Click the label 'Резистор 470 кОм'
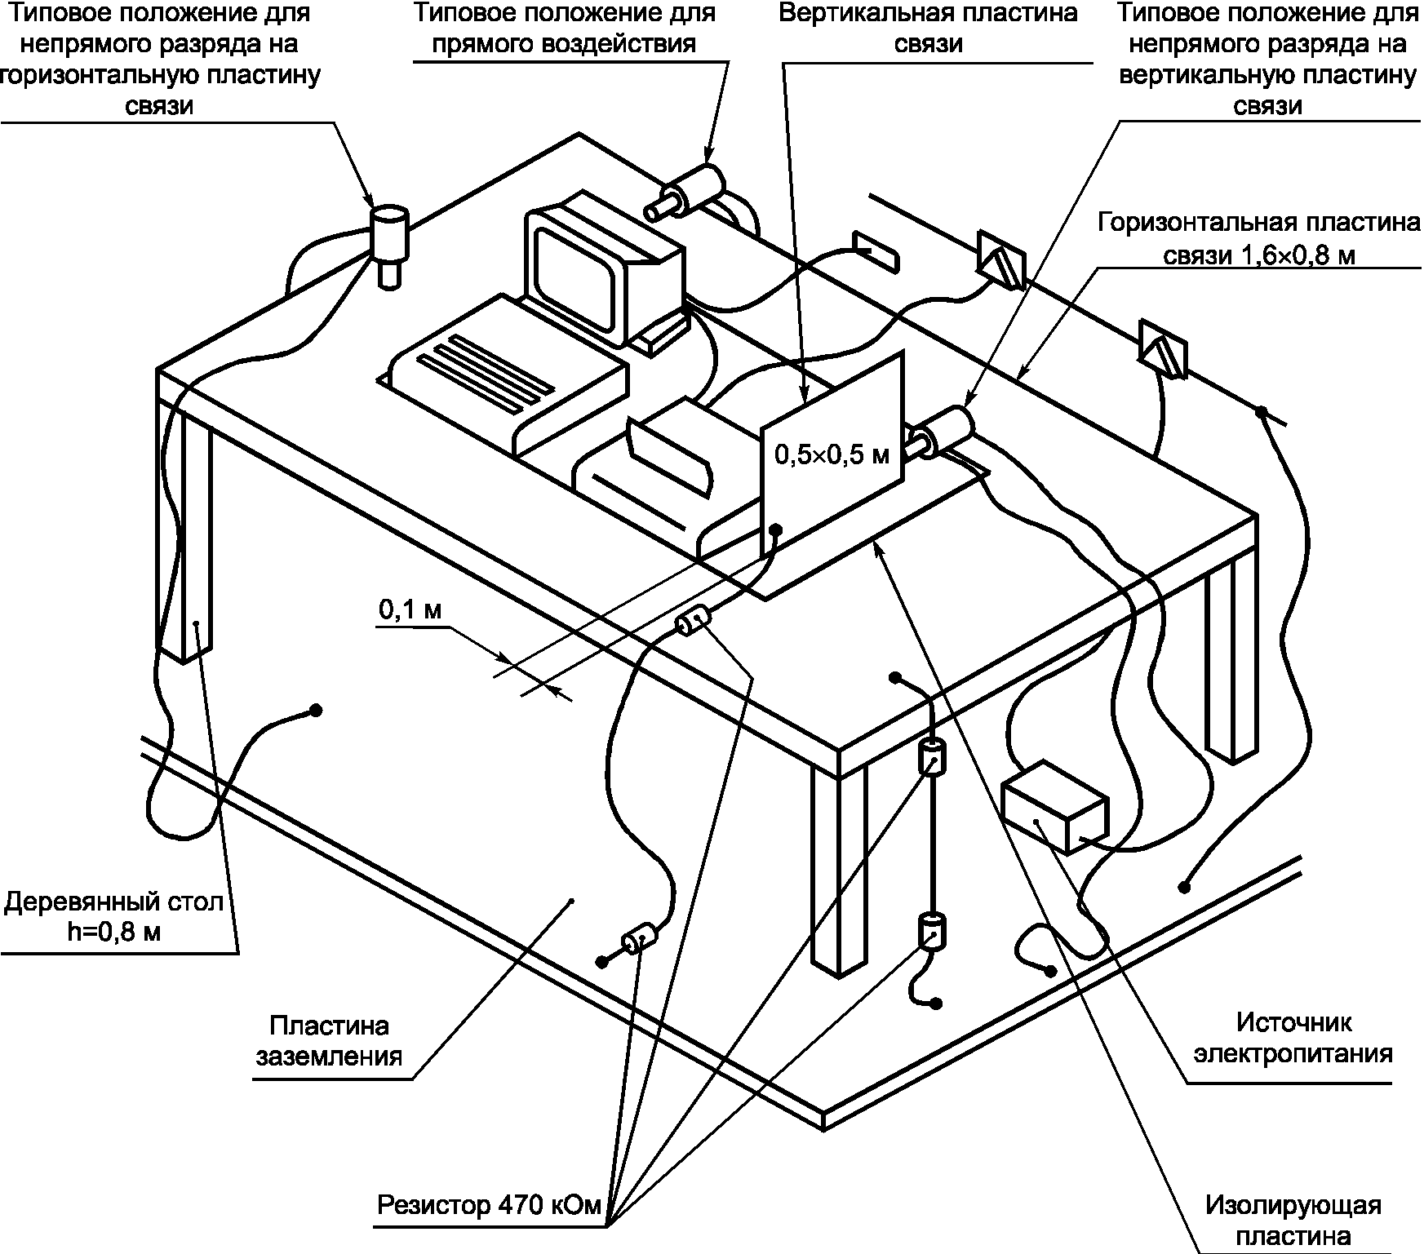pos(489,1204)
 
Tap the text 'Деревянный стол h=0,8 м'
pos(113,917)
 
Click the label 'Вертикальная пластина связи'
pos(927,28)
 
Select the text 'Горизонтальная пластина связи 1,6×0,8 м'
pos(1258,239)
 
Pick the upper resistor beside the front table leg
pos(931,756)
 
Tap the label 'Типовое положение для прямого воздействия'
pos(565,28)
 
